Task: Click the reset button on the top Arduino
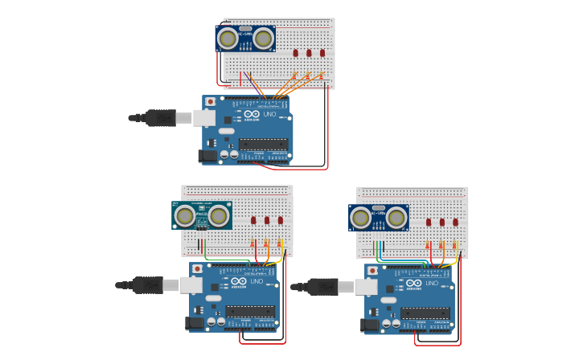[x=211, y=102]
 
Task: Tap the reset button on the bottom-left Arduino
[x=198, y=268]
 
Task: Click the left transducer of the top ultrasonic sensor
[x=228, y=38]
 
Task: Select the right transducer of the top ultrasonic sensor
[x=263, y=38]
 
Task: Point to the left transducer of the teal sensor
[x=185, y=215]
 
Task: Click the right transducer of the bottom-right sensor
[x=396, y=217]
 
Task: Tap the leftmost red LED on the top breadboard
[x=295, y=53]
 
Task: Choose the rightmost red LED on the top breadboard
[x=322, y=53]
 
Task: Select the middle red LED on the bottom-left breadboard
[x=267, y=220]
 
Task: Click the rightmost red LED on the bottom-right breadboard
[x=455, y=223]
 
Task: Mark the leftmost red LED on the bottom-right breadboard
[x=429, y=223]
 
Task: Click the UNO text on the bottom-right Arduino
[x=432, y=283]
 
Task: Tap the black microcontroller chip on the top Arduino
[x=263, y=145]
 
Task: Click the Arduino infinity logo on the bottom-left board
[x=239, y=281]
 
